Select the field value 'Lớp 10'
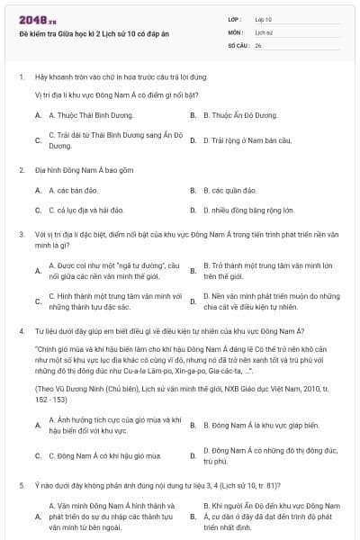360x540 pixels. coord(263,18)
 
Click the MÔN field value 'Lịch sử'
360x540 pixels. coord(263,31)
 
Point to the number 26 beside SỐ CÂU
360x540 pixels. coord(258,44)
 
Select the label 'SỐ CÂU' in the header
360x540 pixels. coord(238,44)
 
